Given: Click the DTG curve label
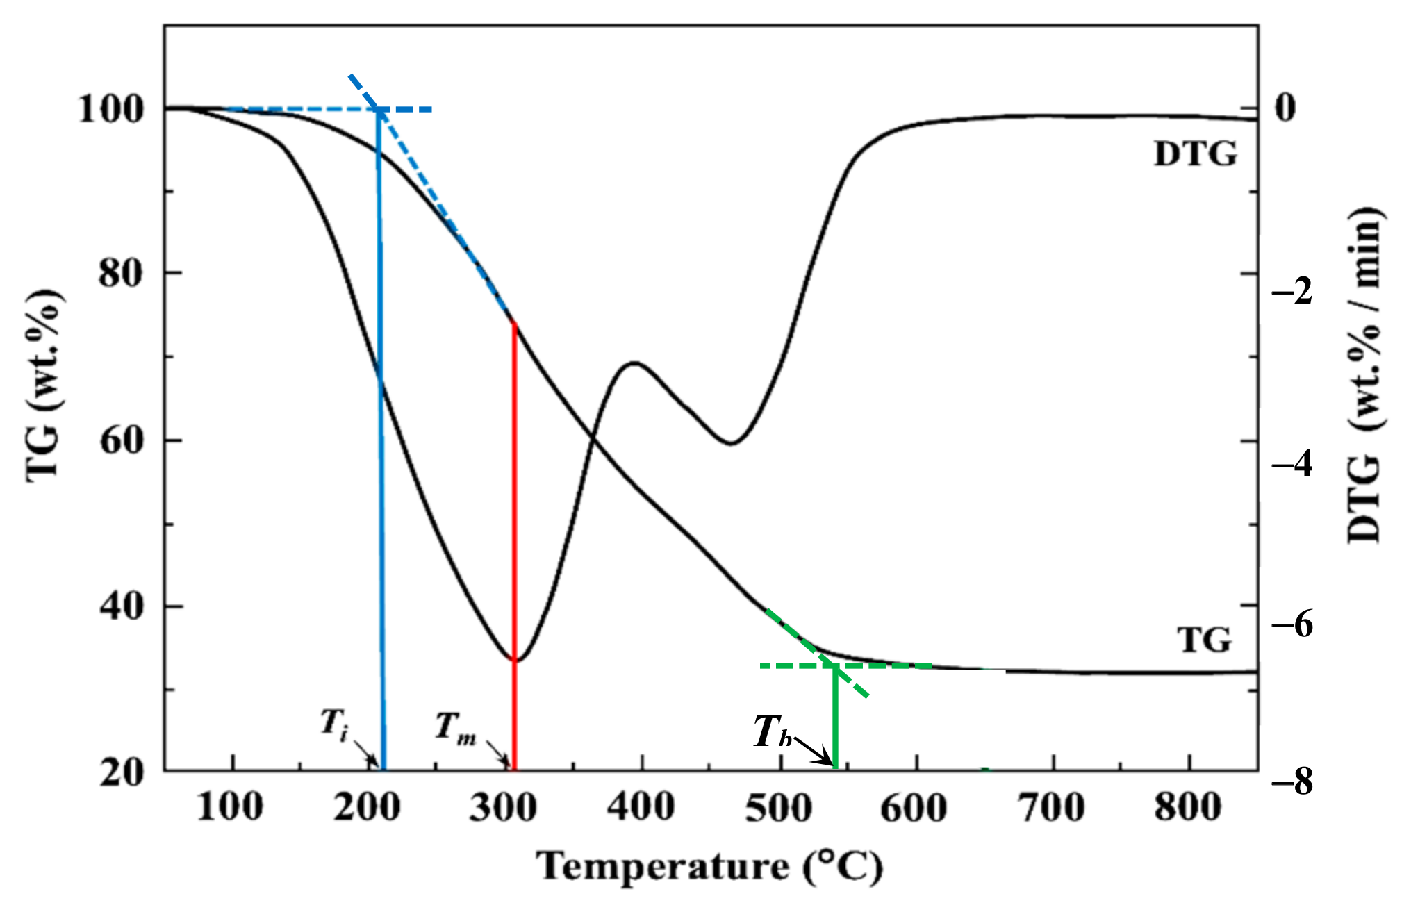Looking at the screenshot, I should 1195,154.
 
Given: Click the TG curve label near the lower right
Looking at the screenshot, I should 1204,640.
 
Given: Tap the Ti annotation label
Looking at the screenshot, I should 334,724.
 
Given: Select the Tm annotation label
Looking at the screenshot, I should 455,728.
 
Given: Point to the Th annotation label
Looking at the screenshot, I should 773,733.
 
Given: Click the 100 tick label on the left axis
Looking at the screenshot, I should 110,109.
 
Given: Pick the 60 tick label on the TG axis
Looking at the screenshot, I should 122,440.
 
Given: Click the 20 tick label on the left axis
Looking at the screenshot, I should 122,772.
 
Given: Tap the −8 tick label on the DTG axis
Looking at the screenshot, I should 1292,783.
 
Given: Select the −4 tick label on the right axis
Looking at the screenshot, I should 1292,464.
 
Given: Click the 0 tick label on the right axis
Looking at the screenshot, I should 1286,108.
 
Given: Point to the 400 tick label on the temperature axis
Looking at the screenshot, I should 641,809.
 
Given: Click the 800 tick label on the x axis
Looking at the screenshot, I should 1188,809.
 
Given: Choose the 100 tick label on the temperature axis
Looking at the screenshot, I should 230,809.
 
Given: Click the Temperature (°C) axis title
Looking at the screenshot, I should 709,867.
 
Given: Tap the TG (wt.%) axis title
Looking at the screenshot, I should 44,385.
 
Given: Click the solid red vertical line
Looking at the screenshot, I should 514,542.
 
